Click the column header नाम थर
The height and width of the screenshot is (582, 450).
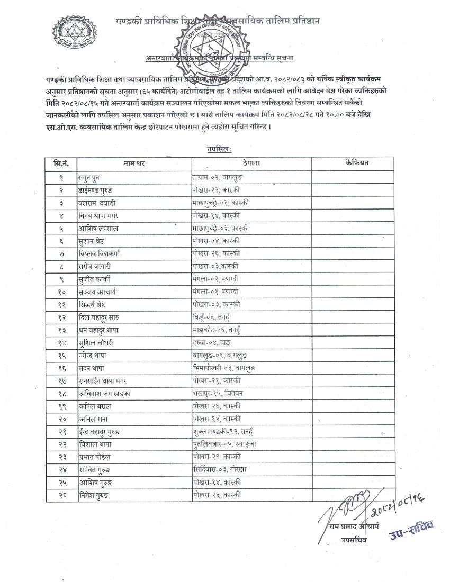[x=134, y=163]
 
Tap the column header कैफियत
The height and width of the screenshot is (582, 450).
[x=356, y=163]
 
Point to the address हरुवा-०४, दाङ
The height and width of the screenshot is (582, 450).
[x=212, y=342]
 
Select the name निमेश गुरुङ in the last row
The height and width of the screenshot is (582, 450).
[x=95, y=495]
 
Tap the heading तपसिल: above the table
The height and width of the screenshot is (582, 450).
[x=219, y=150]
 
